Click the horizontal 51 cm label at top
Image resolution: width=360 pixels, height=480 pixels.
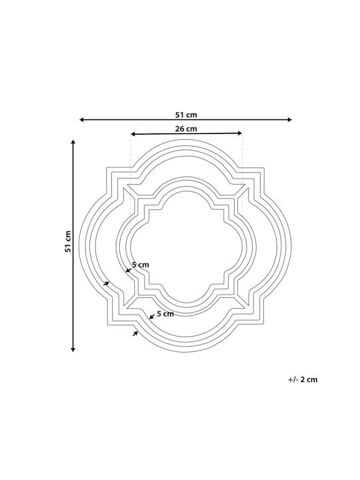click(x=186, y=115)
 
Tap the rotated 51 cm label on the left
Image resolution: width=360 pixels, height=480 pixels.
click(x=67, y=241)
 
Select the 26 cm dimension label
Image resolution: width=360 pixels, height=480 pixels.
click(x=186, y=129)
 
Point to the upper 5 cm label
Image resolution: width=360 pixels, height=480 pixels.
click(x=141, y=265)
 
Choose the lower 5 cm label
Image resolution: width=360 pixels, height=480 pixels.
click(x=165, y=314)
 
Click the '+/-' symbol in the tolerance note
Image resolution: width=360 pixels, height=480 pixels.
click(x=293, y=379)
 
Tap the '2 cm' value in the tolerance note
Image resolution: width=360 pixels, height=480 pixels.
click(x=309, y=379)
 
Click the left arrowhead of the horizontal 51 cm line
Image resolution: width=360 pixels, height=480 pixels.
click(x=82, y=120)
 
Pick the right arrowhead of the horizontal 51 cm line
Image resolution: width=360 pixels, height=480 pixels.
click(x=289, y=120)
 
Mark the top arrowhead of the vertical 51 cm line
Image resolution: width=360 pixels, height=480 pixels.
click(x=73, y=142)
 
